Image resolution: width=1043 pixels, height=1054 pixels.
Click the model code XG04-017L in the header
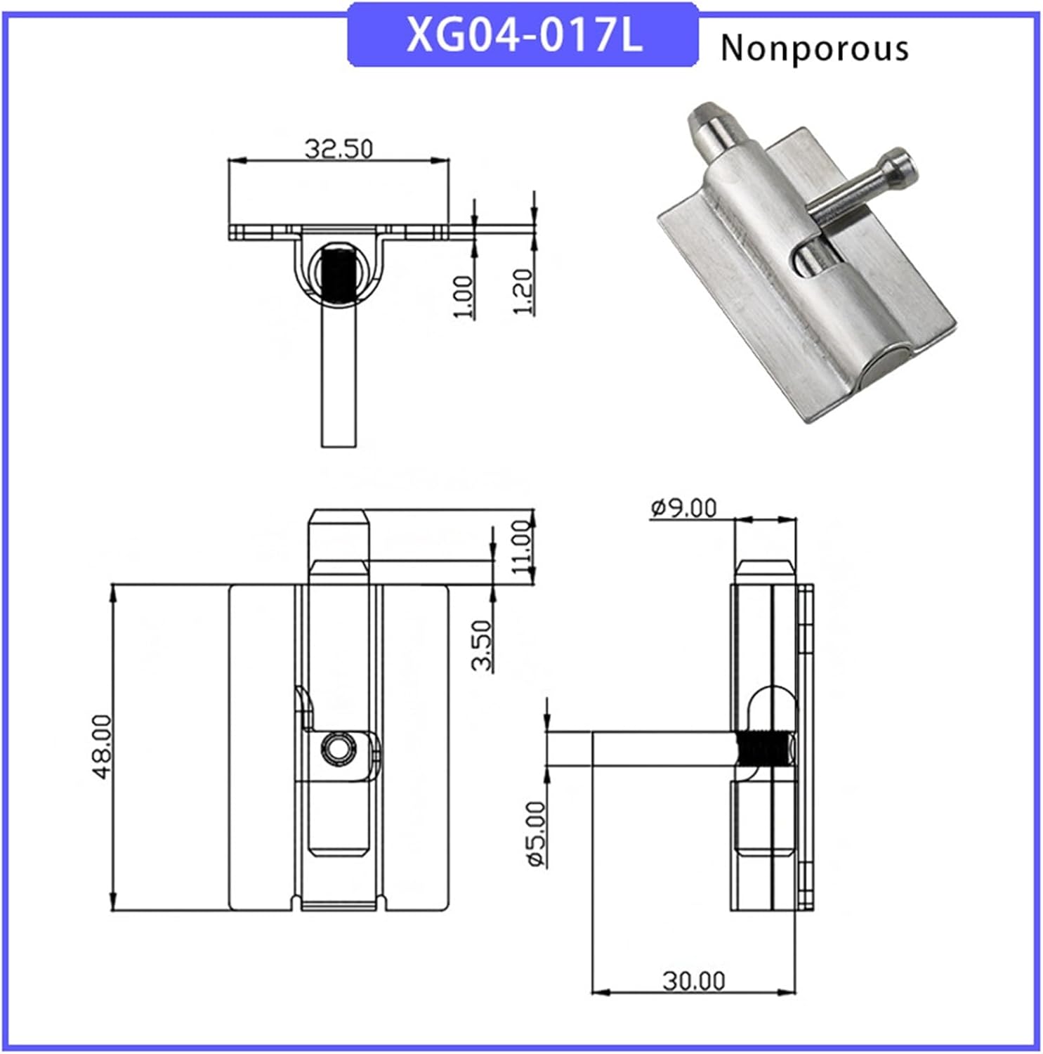tap(523, 35)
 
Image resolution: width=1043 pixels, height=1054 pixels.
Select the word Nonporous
tap(814, 48)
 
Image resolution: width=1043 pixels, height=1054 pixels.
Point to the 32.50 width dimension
tap(338, 149)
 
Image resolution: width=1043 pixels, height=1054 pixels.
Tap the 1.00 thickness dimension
tap(463, 296)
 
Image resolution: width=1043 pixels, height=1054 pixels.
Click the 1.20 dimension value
tap(523, 292)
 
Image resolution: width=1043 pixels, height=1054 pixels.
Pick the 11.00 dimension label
tap(522, 547)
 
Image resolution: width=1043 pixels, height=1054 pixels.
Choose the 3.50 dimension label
tap(482, 645)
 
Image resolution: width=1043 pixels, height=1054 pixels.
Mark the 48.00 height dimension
tap(101, 746)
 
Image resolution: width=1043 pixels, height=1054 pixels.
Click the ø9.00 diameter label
tap(683, 507)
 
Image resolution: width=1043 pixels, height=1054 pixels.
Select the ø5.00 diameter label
tap(537, 834)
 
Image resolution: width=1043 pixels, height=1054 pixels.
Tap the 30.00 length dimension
tap(693, 980)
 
